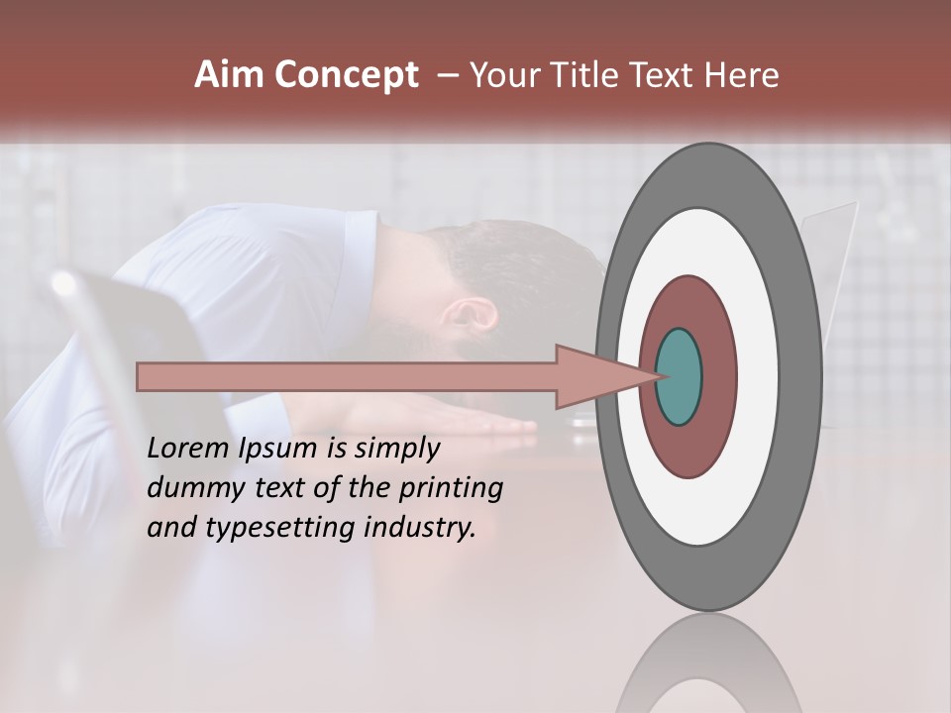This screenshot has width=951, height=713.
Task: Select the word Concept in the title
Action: pos(347,75)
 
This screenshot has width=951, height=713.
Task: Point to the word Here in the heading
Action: pos(741,75)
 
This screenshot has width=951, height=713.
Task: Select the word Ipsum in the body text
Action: pos(278,450)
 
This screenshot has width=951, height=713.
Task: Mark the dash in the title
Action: pos(447,75)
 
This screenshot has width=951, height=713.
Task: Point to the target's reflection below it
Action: pos(708,663)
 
